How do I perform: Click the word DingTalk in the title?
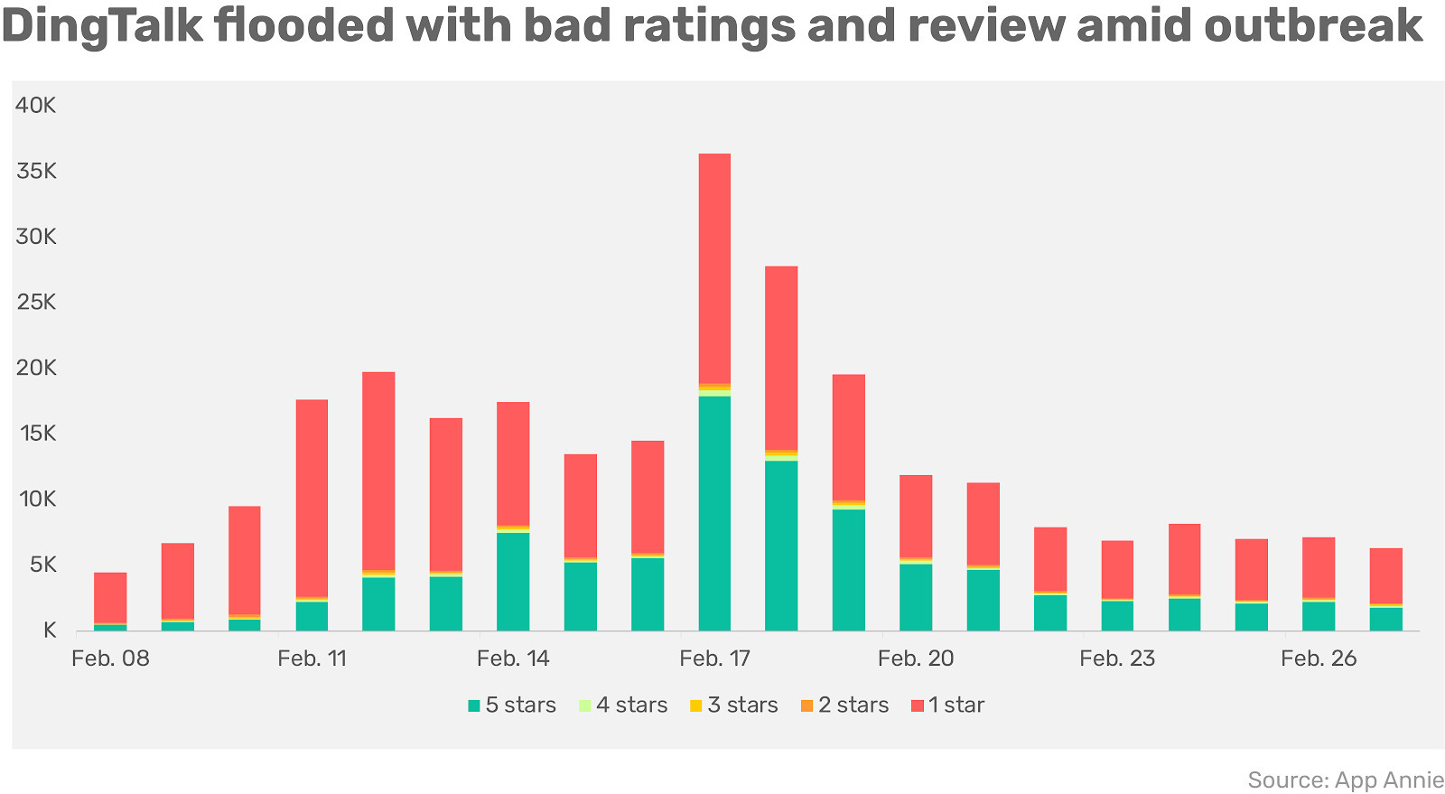102,27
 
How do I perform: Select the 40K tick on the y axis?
36,106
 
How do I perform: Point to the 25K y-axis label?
36,303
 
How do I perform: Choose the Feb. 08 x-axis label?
110,659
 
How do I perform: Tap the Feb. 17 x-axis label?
714,659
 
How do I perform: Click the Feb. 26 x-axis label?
1319,659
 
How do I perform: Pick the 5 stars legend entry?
512,705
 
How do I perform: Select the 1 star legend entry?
947,705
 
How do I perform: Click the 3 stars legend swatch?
695,705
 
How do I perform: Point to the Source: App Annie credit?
1346,780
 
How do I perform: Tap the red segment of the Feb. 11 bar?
312,498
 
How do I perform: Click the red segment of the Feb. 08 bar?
110,597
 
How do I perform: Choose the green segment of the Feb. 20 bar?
916,596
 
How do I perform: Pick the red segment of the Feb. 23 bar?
1117,570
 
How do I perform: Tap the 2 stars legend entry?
844,705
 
